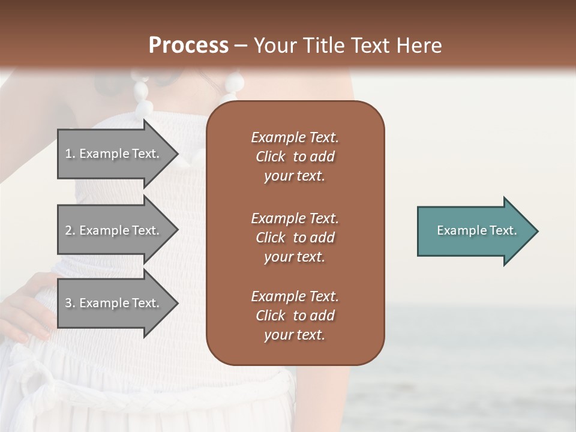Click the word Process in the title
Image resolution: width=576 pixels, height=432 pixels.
(x=188, y=46)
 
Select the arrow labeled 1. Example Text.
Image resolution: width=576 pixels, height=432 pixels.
(x=114, y=154)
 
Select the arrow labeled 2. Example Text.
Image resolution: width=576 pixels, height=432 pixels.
(x=114, y=230)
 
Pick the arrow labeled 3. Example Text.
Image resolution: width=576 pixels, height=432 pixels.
(x=114, y=303)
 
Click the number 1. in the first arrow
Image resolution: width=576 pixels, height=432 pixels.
(x=70, y=154)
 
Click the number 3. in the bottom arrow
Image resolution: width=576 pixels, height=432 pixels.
(x=70, y=304)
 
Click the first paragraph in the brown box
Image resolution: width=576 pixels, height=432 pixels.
(x=295, y=157)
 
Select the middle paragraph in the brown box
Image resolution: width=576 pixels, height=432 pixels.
(x=295, y=238)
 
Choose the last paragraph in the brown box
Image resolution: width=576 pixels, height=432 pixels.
(x=295, y=316)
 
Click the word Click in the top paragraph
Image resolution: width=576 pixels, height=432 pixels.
(x=270, y=157)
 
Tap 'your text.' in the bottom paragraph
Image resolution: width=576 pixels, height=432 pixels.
(x=295, y=335)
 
